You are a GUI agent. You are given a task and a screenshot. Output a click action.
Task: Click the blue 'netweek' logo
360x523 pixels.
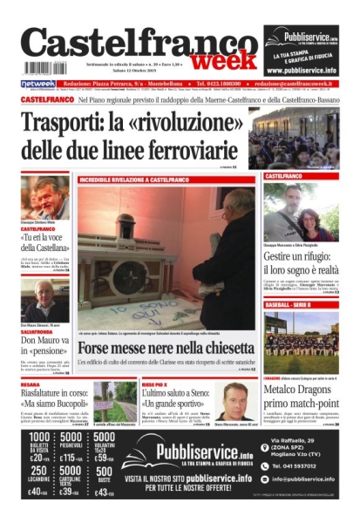[x=38, y=84]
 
